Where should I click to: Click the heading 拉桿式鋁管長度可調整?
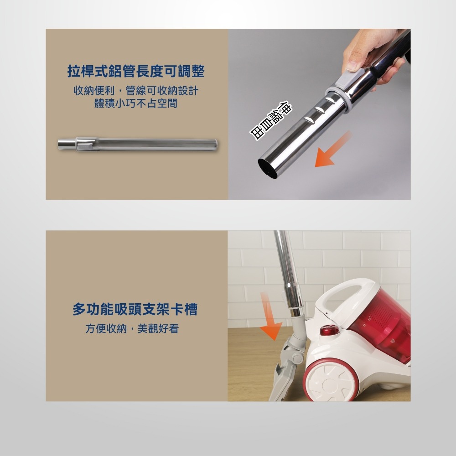(x=136, y=72)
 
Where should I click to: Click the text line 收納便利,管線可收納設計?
(x=136, y=91)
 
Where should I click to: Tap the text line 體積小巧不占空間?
(x=136, y=104)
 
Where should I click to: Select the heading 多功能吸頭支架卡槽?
(x=135, y=310)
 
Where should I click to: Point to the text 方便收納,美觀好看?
(x=132, y=328)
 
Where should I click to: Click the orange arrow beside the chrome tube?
(x=332, y=150)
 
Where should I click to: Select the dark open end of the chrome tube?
(x=268, y=169)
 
